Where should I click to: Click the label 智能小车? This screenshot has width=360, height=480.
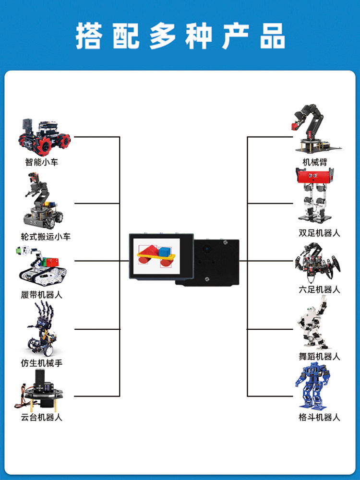coord(42,162)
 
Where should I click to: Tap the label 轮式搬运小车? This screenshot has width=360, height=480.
coord(46,237)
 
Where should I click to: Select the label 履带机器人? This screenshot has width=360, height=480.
coord(42,295)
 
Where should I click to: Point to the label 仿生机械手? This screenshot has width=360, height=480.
coord(42,363)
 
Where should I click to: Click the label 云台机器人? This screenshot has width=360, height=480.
coord(42,417)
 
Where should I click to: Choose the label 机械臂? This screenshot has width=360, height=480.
coord(315,162)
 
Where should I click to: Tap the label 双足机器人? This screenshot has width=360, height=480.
coord(319,233)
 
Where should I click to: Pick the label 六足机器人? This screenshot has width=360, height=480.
coord(319,289)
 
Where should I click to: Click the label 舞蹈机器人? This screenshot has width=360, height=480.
coord(319,356)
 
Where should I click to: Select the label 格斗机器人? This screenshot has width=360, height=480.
coord(319,417)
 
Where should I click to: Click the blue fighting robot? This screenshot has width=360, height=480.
coord(312,386)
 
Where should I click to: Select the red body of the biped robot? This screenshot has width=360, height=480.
coord(314,176)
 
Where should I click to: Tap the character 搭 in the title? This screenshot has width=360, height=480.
coord(89,36)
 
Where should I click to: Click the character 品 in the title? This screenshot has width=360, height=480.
coord(273,36)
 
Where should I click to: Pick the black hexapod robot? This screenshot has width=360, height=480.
coord(317,263)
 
